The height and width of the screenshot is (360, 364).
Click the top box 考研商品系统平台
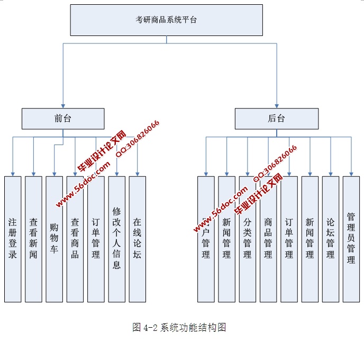point(167,20)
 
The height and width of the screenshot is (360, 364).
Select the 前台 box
point(63,119)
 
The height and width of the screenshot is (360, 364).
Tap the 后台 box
point(277,119)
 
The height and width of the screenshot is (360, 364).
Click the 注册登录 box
point(13,239)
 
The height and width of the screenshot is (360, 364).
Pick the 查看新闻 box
point(33,239)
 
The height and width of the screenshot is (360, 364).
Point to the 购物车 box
point(54,239)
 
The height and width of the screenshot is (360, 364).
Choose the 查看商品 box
point(75,239)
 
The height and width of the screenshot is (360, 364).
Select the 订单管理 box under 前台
point(96,239)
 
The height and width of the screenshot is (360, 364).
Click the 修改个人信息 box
point(116,239)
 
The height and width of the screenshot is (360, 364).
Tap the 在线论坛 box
point(137,239)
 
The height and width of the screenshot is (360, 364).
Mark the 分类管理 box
point(247,239)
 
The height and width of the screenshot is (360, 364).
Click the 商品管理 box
point(268,239)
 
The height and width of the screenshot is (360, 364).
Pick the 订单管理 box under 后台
point(289,239)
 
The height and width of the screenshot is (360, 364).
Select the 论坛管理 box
point(331,239)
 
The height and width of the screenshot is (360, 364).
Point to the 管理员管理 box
point(351,239)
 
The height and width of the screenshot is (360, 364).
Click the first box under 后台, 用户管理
point(206,239)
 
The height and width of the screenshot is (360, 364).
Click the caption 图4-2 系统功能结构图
point(179,327)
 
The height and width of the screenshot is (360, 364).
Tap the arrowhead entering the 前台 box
point(63,106)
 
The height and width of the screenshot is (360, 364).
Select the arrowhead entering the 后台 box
point(277,106)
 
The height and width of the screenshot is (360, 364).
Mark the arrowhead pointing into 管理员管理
point(351,173)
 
